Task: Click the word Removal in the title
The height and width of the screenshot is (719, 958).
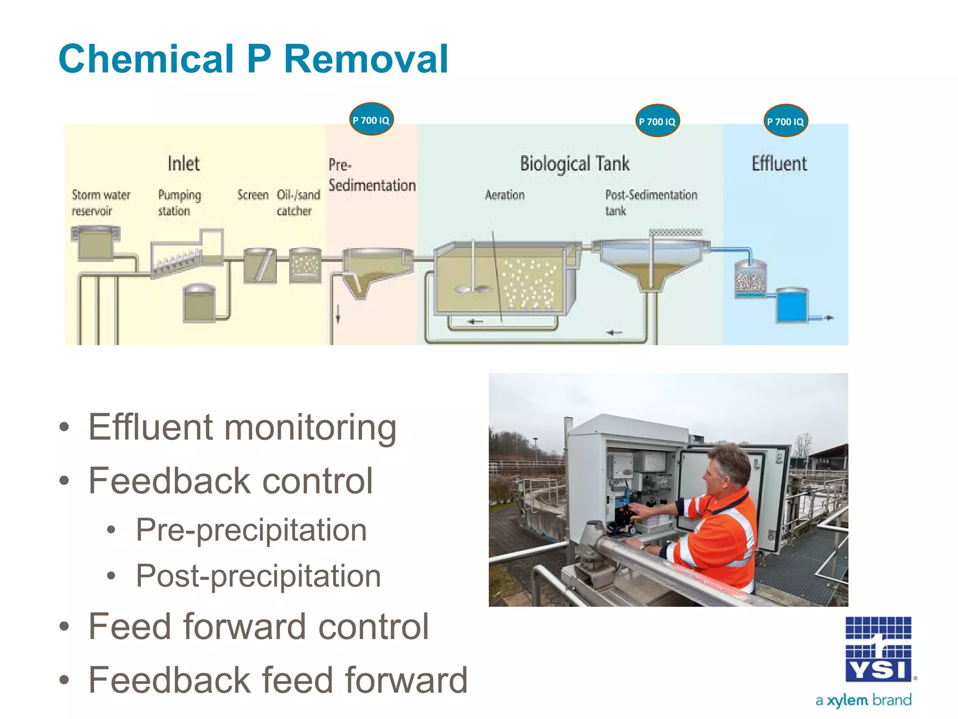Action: [366, 59]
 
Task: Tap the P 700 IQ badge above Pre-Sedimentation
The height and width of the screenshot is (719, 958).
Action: [371, 120]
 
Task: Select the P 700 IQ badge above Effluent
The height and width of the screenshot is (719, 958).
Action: [785, 121]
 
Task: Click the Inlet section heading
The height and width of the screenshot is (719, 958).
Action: [183, 164]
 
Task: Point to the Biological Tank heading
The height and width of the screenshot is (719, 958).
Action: [574, 164]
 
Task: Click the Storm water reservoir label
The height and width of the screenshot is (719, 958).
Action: [101, 203]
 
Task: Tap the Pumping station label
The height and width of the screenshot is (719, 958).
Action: [179, 203]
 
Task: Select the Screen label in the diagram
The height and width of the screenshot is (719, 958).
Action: [253, 195]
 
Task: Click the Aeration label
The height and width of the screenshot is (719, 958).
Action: [504, 195]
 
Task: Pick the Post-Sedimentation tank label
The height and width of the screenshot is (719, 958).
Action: [650, 202]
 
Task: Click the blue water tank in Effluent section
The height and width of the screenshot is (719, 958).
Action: [791, 305]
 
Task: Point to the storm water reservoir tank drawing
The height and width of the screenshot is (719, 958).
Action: [95, 243]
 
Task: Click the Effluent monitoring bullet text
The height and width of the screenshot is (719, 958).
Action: [242, 427]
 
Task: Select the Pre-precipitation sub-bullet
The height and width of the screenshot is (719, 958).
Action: [251, 530]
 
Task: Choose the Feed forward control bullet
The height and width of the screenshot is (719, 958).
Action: [258, 626]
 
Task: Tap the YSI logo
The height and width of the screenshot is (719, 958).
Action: [878, 650]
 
